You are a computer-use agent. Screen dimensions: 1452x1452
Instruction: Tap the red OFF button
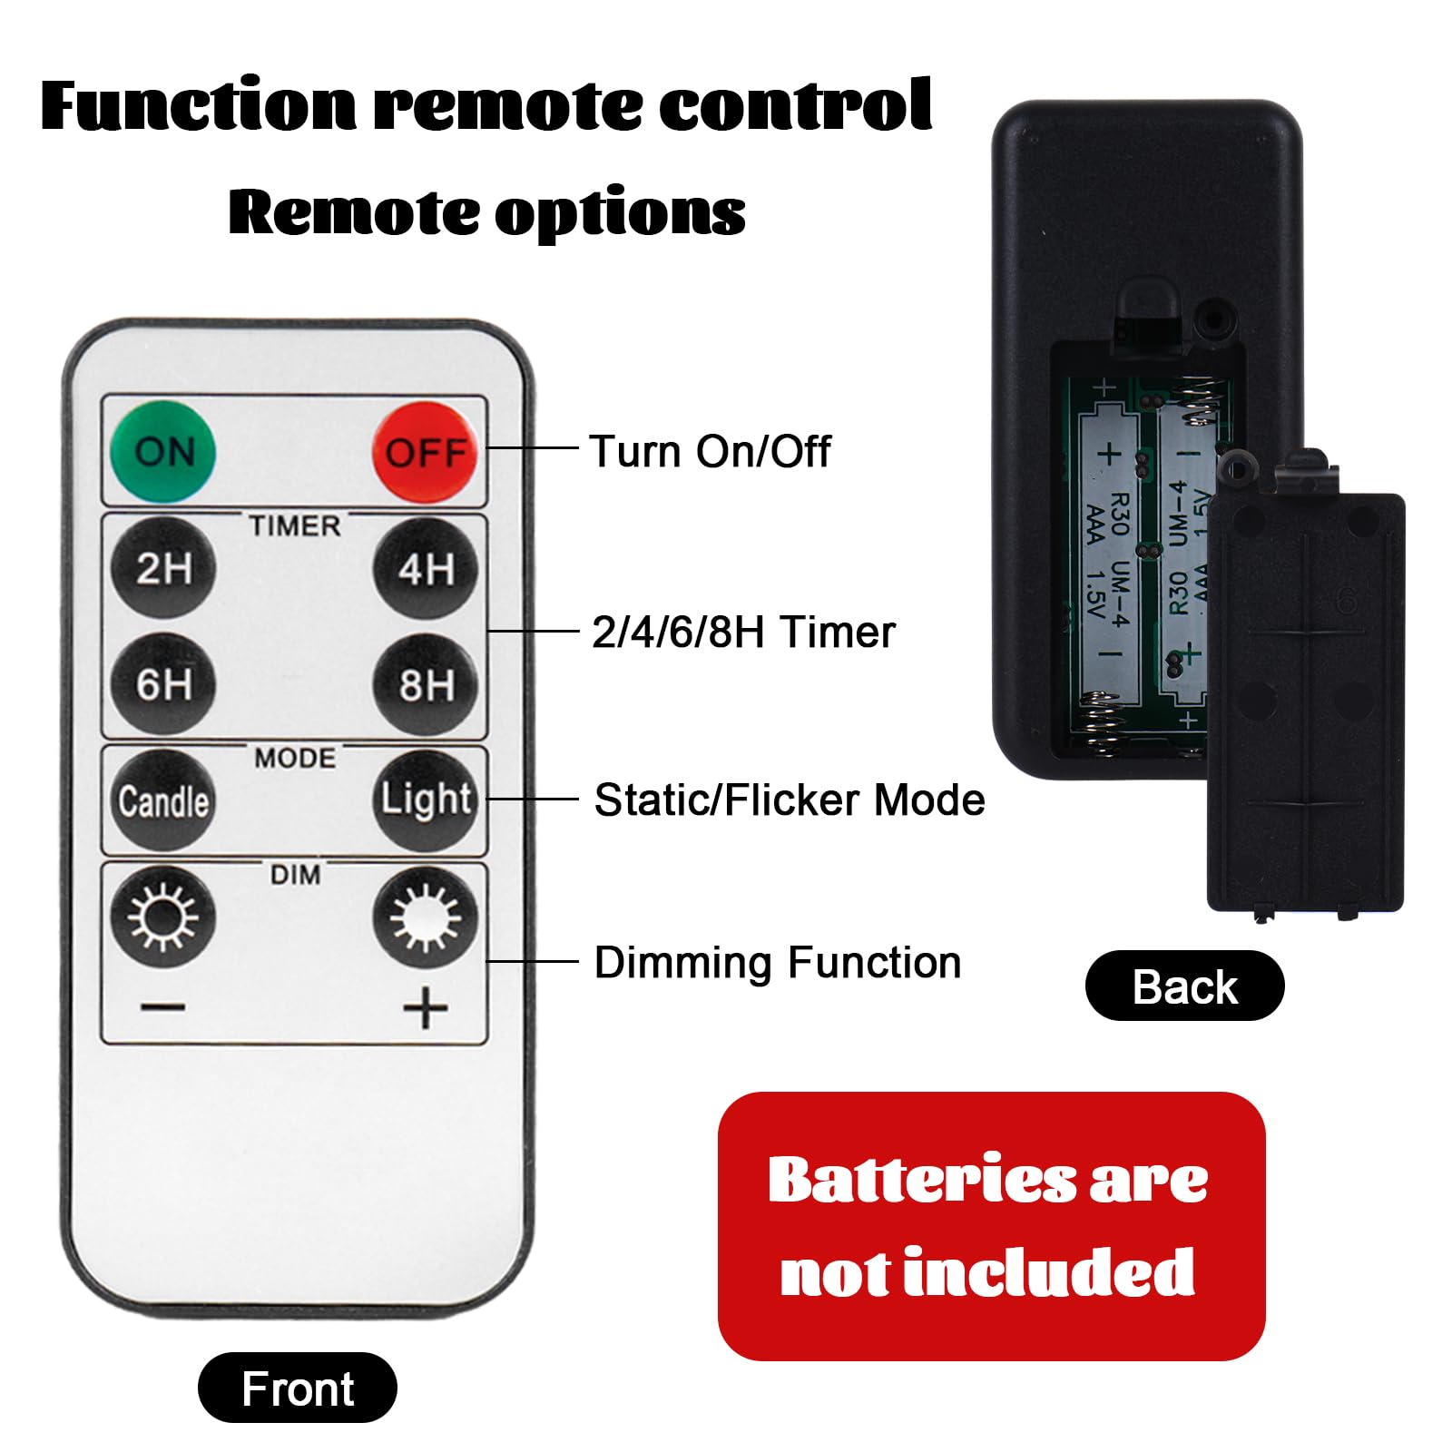pyautogui.click(x=426, y=451)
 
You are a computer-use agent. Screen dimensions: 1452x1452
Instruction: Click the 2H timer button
pyautogui.click(x=163, y=568)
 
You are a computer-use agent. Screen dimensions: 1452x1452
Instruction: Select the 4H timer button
pyautogui.click(x=426, y=568)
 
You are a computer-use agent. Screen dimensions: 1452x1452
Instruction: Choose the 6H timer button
pyautogui.click(x=163, y=683)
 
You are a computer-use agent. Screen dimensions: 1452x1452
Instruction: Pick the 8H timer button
pyautogui.click(x=426, y=683)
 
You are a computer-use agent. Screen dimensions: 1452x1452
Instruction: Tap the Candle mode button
pyautogui.click(x=163, y=800)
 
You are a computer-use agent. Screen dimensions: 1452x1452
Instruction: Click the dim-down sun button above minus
pyautogui.click(x=163, y=917)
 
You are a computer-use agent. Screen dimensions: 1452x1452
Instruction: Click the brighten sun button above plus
pyautogui.click(x=426, y=917)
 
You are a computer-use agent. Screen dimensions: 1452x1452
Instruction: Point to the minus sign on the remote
pyautogui.click(x=163, y=1007)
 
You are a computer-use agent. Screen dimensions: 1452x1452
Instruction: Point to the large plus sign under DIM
pyautogui.click(x=426, y=1008)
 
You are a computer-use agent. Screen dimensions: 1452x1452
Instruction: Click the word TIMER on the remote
pyautogui.click(x=295, y=525)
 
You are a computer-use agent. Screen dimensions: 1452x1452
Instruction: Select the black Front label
pyautogui.click(x=298, y=1388)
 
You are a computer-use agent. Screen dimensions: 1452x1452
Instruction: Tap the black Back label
pyautogui.click(x=1185, y=986)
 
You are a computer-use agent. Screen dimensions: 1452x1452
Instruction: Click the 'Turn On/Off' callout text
pyautogui.click(x=710, y=451)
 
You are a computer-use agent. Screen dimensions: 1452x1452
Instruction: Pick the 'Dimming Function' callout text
pyautogui.click(x=778, y=963)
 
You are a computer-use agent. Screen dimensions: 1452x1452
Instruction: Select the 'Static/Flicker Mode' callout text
pyautogui.click(x=790, y=800)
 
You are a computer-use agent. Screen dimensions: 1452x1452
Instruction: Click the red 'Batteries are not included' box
pyautogui.click(x=991, y=1226)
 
